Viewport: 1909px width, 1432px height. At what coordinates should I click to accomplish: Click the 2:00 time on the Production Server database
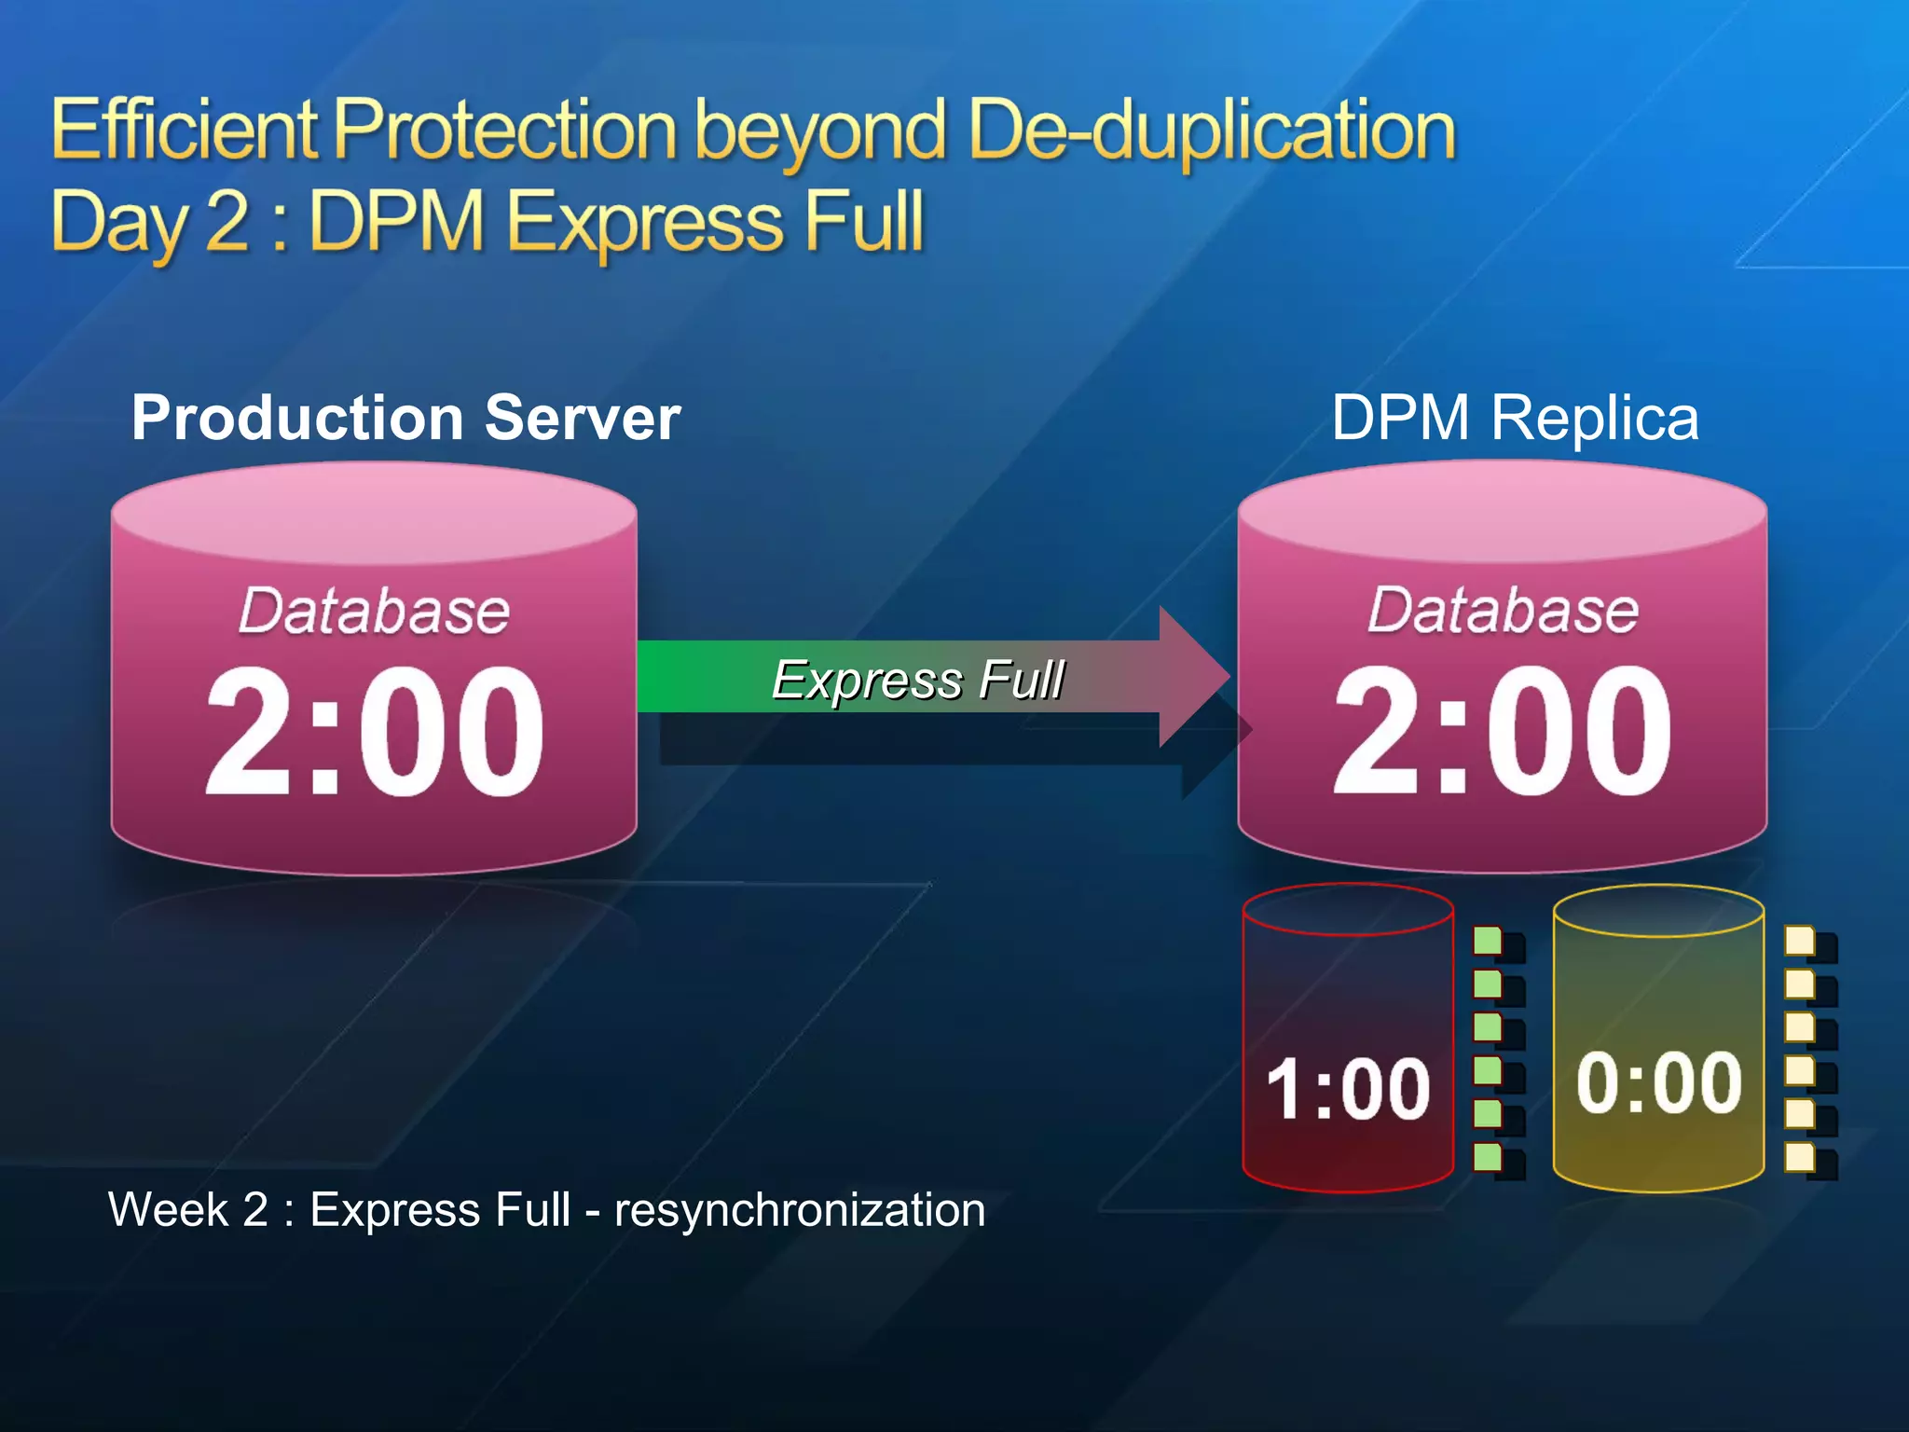tap(374, 732)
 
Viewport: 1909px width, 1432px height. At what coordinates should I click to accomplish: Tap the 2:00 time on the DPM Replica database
tap(1502, 732)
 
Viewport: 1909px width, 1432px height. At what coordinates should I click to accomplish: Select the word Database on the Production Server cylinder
tap(374, 612)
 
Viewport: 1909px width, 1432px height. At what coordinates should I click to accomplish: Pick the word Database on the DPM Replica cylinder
tap(1503, 612)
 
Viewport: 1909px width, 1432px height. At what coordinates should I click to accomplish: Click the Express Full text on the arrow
tap(918, 679)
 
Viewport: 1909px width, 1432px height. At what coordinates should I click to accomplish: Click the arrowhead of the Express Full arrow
tap(1193, 677)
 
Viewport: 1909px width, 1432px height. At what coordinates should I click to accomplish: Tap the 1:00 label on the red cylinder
tap(1348, 1088)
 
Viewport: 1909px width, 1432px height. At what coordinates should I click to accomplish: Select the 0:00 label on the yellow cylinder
tap(1658, 1082)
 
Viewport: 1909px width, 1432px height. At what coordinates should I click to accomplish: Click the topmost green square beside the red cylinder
tap(1488, 941)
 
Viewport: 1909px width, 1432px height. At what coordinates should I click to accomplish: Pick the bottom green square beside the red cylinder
tap(1488, 1157)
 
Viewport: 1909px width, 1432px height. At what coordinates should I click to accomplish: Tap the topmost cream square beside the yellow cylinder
tap(1799, 941)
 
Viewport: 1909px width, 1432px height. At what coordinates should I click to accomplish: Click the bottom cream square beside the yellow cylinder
tap(1799, 1157)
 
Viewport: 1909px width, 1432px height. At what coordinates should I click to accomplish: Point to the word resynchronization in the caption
tap(800, 1210)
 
